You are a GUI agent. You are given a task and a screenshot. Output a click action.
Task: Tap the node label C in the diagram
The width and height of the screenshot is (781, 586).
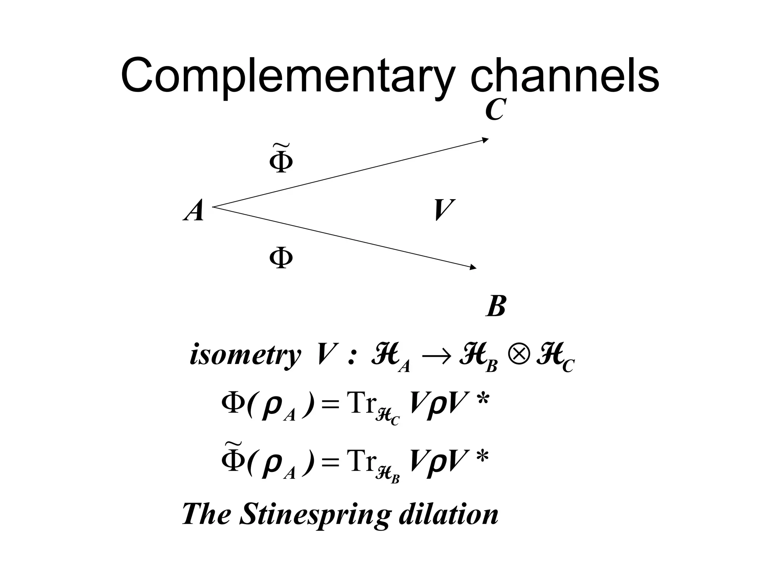[x=495, y=109]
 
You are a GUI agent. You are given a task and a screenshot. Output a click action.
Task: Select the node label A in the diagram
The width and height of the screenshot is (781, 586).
[x=194, y=211]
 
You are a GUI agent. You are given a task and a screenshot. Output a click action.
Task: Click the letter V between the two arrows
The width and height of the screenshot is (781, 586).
[x=444, y=210]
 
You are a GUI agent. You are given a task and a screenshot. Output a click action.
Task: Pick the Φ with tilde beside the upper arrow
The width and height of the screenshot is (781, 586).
[x=281, y=159]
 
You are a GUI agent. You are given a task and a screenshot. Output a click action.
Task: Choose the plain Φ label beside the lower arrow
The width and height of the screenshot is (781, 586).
[x=281, y=258]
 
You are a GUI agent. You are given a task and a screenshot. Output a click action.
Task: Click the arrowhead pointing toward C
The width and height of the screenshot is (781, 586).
[x=485, y=140]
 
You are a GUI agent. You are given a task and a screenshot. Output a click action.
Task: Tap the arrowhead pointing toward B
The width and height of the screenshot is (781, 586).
[x=473, y=268]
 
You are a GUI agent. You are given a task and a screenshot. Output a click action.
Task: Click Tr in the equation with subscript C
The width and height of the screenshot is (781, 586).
[x=360, y=404]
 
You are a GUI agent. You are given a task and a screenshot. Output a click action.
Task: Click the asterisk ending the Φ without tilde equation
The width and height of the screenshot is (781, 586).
[x=482, y=401]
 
